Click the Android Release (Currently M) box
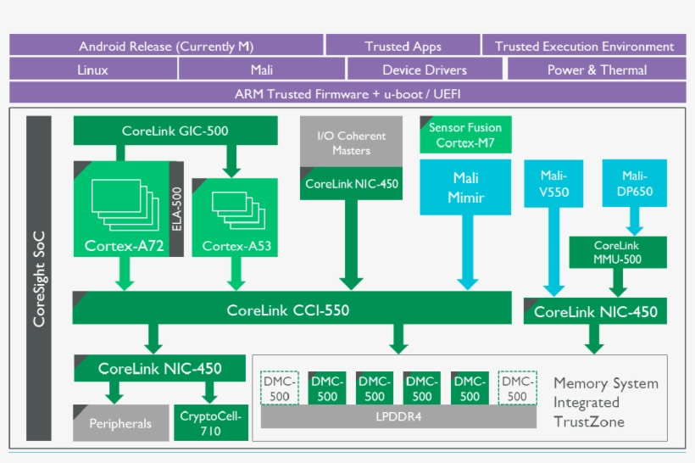pos(166,46)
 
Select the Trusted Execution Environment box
pos(584,46)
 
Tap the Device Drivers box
pos(424,70)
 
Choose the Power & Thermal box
pos(597,70)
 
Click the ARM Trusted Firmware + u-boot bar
pos(347,93)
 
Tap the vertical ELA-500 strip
pos(176,208)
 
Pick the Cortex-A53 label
pos(236,247)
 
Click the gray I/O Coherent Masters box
pos(351,142)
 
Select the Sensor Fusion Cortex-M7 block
pos(465,135)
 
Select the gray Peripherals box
pos(121,423)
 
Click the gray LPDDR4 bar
pos(398,417)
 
